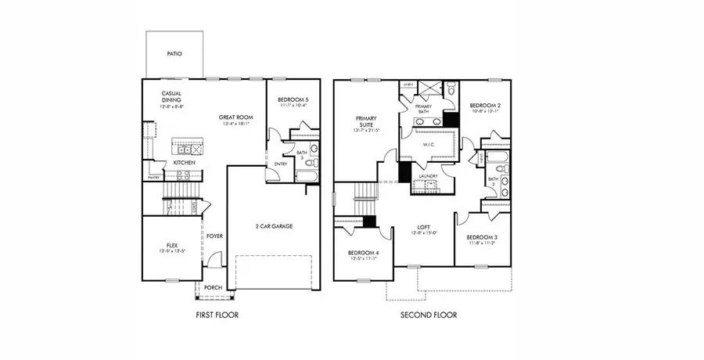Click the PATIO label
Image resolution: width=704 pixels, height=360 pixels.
[x=174, y=55]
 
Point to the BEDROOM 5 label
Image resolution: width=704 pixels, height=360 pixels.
[x=292, y=99]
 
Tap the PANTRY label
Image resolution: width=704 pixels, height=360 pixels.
[x=154, y=178]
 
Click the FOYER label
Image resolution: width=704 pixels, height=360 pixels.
[x=214, y=235]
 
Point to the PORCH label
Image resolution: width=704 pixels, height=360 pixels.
[x=212, y=288]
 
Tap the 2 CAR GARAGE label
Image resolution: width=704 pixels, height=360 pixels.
[x=274, y=226]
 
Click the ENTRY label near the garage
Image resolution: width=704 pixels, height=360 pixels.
[x=279, y=164]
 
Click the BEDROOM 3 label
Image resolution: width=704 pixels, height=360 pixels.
[x=482, y=238]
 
